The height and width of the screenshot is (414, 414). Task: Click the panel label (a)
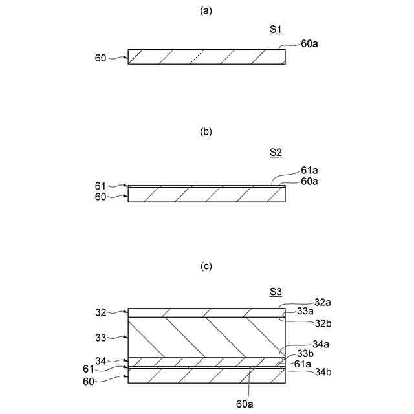pos(206,10)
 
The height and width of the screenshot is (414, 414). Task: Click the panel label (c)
pos(206,266)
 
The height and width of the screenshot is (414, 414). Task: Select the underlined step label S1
pos(276,30)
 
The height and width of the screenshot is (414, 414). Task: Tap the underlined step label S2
pos(276,153)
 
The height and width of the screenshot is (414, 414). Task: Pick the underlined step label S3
pos(276,292)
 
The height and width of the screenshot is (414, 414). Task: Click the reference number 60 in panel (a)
pos(100,58)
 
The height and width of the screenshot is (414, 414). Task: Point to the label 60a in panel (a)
pos(310,44)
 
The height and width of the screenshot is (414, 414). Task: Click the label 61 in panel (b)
pos(100,186)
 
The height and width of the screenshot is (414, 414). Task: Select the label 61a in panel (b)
pos(310,171)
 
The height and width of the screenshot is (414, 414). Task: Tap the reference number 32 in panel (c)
pos(100,312)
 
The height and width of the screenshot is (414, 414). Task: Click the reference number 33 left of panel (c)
pos(100,336)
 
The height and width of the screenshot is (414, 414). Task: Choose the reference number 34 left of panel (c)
pos(100,360)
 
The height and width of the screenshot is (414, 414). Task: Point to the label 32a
pos(323,301)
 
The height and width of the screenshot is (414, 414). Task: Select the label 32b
pos(323,321)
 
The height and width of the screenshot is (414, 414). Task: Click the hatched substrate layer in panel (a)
pos(206,57)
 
